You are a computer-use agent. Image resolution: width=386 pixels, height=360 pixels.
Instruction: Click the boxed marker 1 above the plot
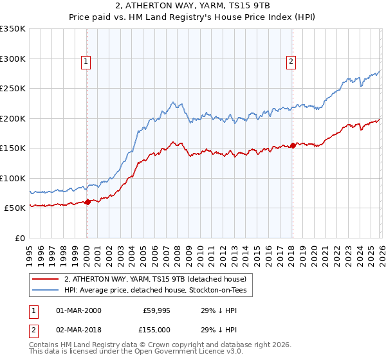86,62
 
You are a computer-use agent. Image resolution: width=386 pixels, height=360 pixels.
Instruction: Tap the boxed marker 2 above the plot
291,62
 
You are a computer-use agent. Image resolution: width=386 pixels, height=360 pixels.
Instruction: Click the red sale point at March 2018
293,145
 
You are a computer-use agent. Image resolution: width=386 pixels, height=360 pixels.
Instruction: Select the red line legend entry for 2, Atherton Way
154,279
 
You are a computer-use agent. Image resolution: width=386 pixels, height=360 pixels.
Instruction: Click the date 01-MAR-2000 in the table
78,310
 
